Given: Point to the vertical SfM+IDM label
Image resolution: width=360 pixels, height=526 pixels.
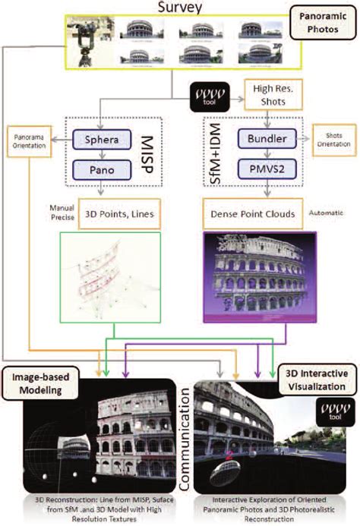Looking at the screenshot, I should pyautogui.click(x=212, y=153).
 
